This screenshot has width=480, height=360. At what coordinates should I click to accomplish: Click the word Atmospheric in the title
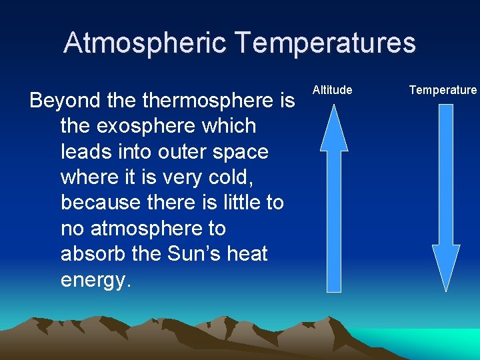(x=146, y=43)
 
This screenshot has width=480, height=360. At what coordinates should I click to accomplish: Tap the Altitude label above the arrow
(x=332, y=90)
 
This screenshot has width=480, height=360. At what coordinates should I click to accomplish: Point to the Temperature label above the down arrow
(x=443, y=90)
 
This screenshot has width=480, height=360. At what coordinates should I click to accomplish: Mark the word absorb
(x=93, y=254)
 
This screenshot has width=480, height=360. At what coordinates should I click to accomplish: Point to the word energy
(x=93, y=280)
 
